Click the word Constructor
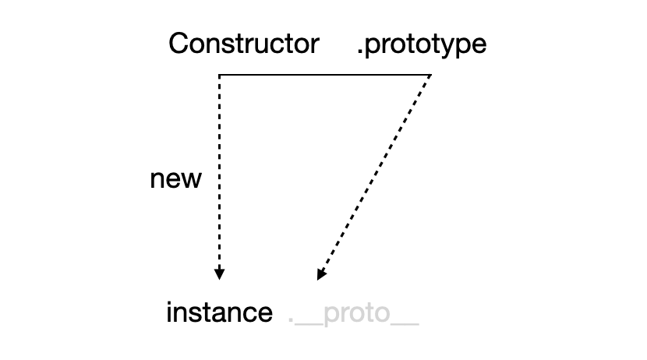(243, 44)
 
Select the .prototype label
(421, 44)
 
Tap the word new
(175, 180)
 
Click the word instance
(219, 313)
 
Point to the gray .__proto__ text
(353, 314)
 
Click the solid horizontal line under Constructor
(324, 75)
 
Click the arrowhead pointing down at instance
(220, 274)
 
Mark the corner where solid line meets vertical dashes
(220, 75)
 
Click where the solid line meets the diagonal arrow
(431, 75)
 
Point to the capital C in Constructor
(179, 44)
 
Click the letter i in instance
(170, 313)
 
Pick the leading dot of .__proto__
(291, 321)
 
